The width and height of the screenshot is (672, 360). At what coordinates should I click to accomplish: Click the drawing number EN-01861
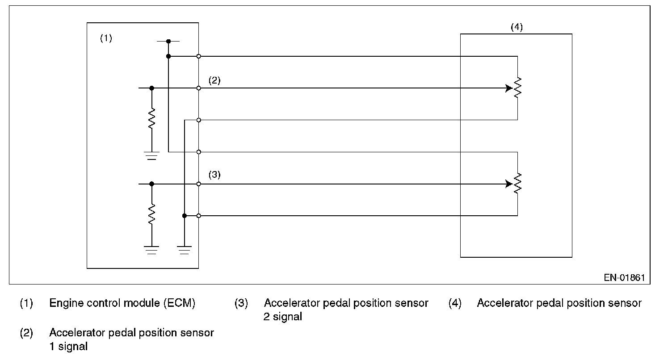[x=624, y=278]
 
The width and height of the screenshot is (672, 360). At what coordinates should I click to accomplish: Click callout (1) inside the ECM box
[x=106, y=38]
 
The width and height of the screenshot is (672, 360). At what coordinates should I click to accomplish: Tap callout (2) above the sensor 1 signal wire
[x=214, y=80]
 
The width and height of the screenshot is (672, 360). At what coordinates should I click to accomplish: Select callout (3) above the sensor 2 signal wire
[x=214, y=175]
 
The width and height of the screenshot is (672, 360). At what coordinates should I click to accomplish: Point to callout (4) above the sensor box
[x=517, y=27]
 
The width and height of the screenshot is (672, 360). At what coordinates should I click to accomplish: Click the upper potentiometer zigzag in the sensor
[x=517, y=88]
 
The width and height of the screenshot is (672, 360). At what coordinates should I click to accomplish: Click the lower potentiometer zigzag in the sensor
[x=517, y=183]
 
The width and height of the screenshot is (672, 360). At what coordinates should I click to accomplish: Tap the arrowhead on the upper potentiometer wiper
[x=509, y=88]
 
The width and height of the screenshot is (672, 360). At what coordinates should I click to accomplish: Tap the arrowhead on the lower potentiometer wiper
[x=509, y=184]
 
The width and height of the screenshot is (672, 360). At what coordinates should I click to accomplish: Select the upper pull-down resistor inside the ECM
[x=152, y=118]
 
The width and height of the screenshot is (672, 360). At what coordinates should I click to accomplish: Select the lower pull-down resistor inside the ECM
[x=152, y=214]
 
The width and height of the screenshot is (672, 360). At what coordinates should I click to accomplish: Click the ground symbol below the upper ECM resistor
[x=152, y=156]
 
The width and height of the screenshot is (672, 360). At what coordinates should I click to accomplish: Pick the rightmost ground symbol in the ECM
[x=184, y=250]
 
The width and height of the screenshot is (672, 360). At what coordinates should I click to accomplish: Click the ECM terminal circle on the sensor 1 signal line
[x=198, y=88]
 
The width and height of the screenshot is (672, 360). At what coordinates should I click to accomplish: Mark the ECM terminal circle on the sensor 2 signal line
[x=198, y=184]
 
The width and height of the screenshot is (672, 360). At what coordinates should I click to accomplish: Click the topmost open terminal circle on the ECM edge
[x=198, y=56]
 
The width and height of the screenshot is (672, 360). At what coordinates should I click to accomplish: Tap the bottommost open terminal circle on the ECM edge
[x=198, y=216]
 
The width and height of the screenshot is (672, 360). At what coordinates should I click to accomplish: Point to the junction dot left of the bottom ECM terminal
[x=185, y=216]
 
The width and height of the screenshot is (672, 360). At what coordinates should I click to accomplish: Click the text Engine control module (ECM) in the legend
[x=122, y=303]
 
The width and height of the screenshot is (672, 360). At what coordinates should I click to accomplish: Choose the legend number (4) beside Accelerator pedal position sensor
[x=455, y=303]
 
